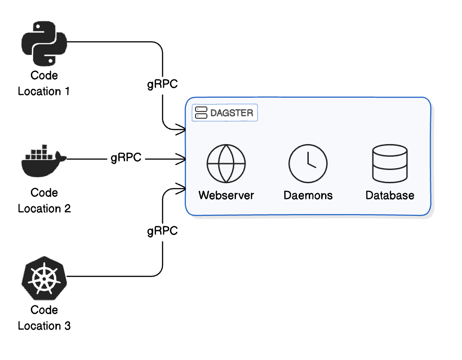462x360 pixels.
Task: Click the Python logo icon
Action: [44, 43]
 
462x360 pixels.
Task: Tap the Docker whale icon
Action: [44, 161]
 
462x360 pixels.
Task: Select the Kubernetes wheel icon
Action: [44, 278]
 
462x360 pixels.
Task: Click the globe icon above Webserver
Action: [226, 164]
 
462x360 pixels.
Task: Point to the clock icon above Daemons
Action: [308, 164]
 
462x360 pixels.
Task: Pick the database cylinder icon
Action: [390, 164]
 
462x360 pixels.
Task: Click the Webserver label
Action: [226, 195]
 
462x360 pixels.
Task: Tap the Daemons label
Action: [308, 195]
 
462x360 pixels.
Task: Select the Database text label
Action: [390, 195]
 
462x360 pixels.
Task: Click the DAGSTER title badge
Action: [225, 113]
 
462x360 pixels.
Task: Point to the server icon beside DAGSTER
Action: [201, 113]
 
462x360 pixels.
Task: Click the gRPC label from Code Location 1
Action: [162, 84]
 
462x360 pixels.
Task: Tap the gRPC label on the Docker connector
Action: [126, 158]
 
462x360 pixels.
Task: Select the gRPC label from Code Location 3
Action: [162, 231]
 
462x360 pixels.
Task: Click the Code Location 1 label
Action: [44, 83]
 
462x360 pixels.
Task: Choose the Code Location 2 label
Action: [44, 200]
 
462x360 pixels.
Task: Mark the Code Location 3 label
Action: [44, 318]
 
